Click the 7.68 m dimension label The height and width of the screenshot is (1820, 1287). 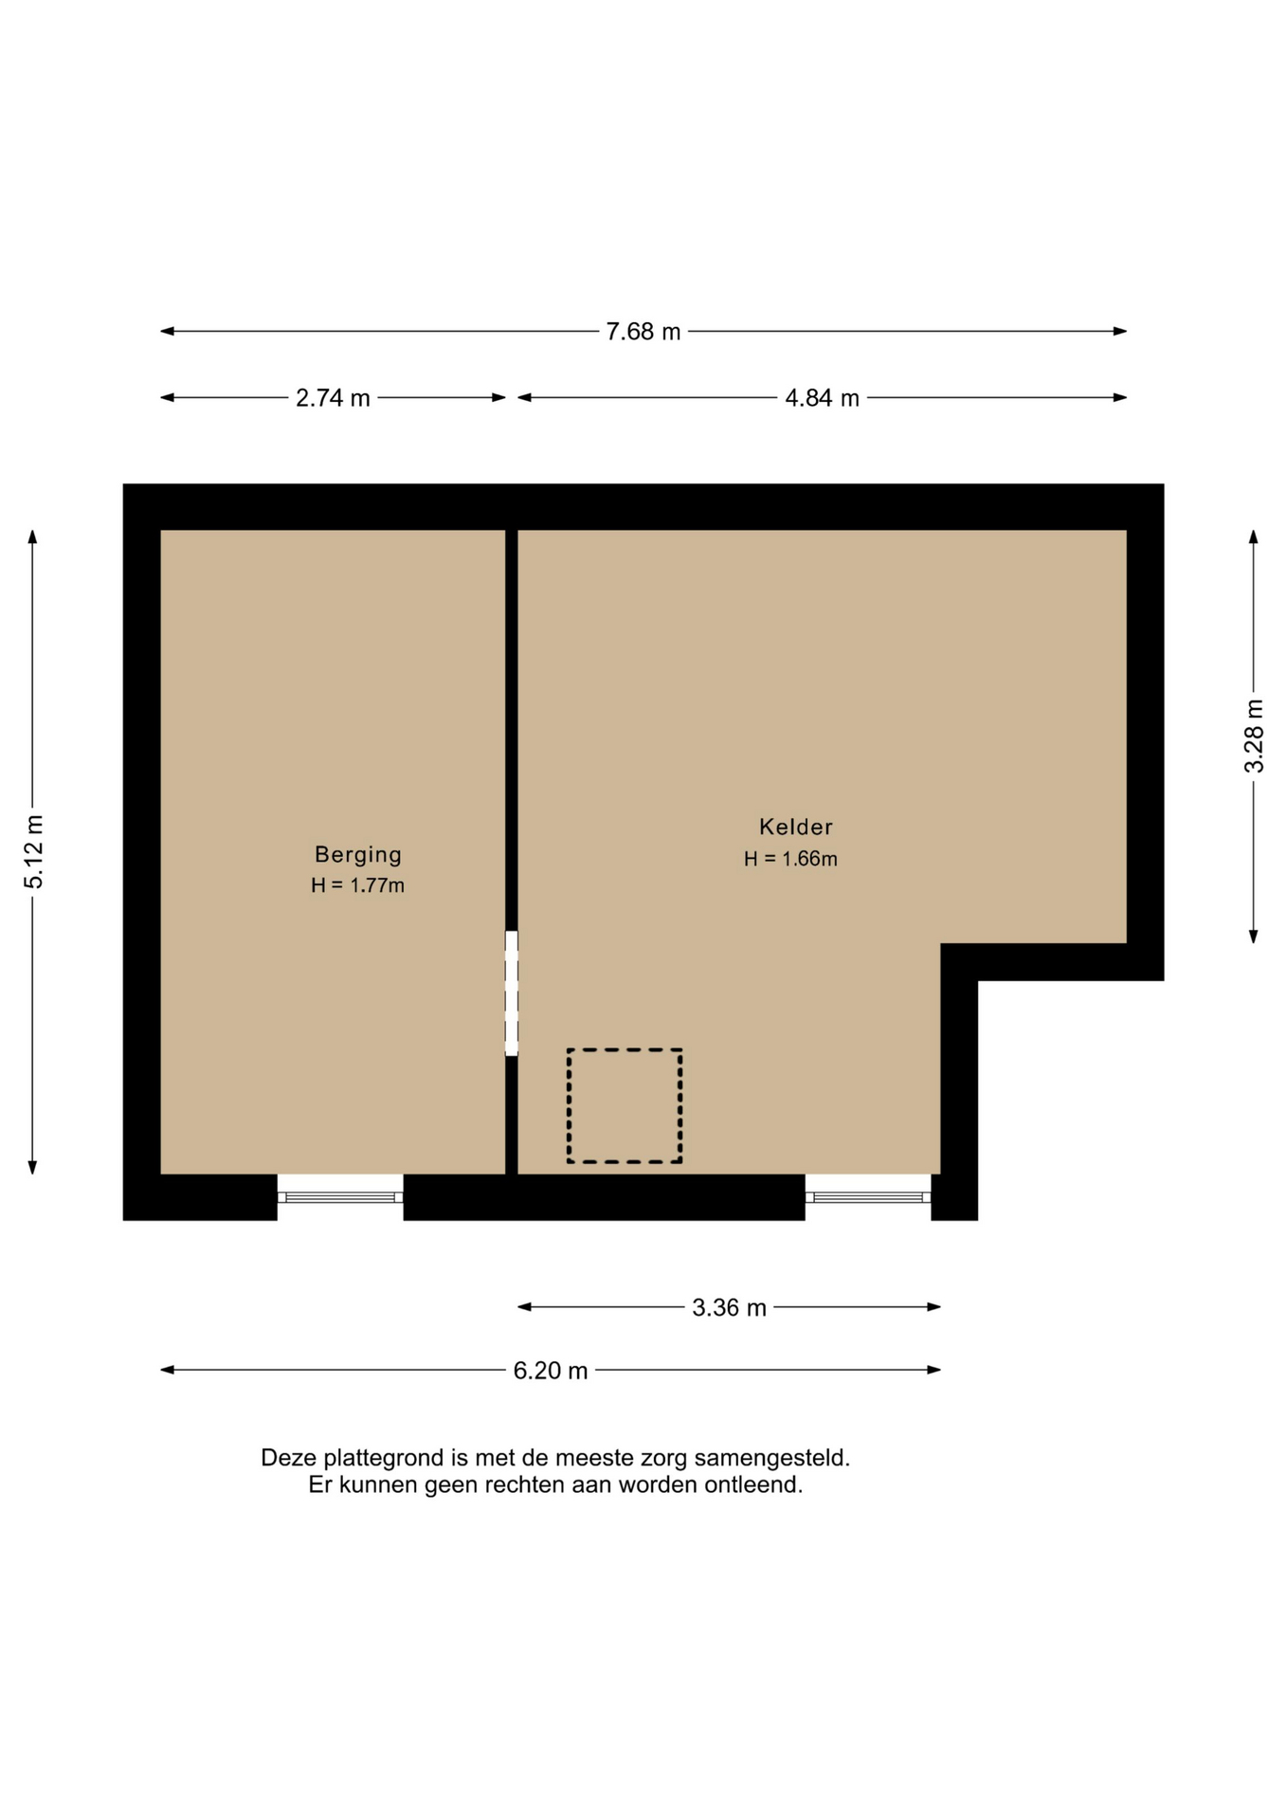[x=643, y=332]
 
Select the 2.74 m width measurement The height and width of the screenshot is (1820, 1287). [x=333, y=398]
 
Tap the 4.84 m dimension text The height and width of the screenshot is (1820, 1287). [x=822, y=398]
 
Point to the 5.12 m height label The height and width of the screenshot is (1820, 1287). [x=34, y=852]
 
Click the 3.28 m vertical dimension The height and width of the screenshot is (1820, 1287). [x=1254, y=737]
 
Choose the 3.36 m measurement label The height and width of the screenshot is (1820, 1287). [x=729, y=1308]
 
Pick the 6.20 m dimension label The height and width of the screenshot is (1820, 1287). [x=551, y=1371]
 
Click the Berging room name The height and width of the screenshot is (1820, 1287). [x=358, y=855]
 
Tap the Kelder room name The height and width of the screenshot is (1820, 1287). [x=796, y=827]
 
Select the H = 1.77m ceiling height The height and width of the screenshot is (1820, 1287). [x=357, y=885]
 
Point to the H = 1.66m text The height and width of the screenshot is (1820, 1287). [x=790, y=859]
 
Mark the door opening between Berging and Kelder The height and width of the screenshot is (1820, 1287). [x=512, y=993]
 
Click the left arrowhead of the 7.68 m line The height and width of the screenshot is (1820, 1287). [x=168, y=332]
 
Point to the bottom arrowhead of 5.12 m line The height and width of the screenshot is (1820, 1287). [x=32, y=1167]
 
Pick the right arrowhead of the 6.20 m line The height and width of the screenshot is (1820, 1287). [x=934, y=1370]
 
